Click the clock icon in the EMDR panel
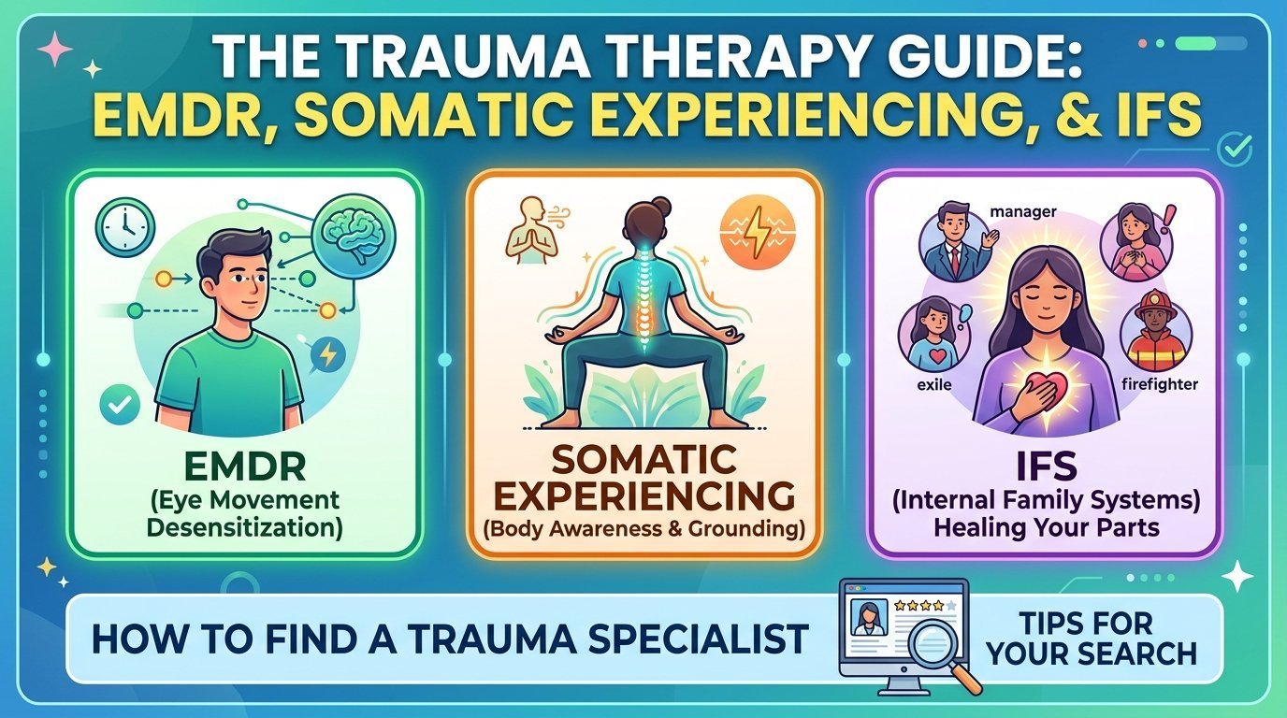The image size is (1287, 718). [x=124, y=227]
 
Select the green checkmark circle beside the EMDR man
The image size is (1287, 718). [x=120, y=405]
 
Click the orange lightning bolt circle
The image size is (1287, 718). [x=758, y=232]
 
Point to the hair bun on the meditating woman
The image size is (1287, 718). [x=661, y=206]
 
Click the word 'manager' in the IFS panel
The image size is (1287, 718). [x=1023, y=212]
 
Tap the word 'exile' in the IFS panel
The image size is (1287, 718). [x=934, y=384]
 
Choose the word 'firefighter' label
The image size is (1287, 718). [x=1160, y=384]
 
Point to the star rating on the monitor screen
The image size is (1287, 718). [x=925, y=606]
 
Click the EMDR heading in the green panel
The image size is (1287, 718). [x=245, y=467]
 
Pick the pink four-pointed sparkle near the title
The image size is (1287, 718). [x=54, y=49]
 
